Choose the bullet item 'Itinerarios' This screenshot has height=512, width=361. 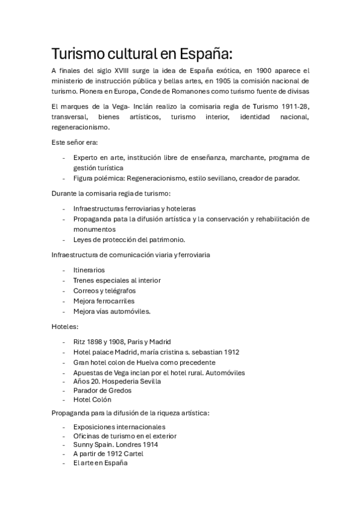pos(89,270)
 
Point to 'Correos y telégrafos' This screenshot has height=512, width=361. pos(104,290)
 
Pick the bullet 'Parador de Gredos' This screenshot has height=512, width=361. pos(102,390)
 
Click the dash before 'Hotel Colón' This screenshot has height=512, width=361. pos(64,400)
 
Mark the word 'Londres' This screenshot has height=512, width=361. pos(129,444)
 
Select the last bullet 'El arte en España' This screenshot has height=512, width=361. pos(100,462)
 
